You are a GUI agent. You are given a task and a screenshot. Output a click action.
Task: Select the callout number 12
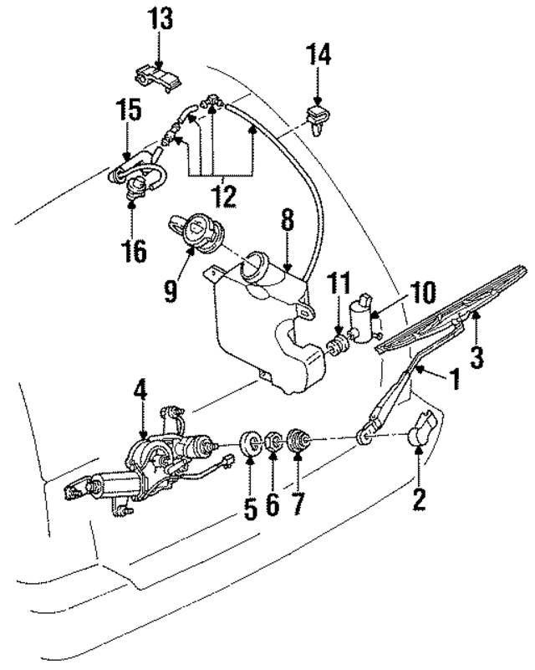coord(222,197)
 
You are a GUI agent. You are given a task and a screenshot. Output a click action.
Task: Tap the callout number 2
coord(419,500)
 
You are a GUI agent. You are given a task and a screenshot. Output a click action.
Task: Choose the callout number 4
coord(140,391)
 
